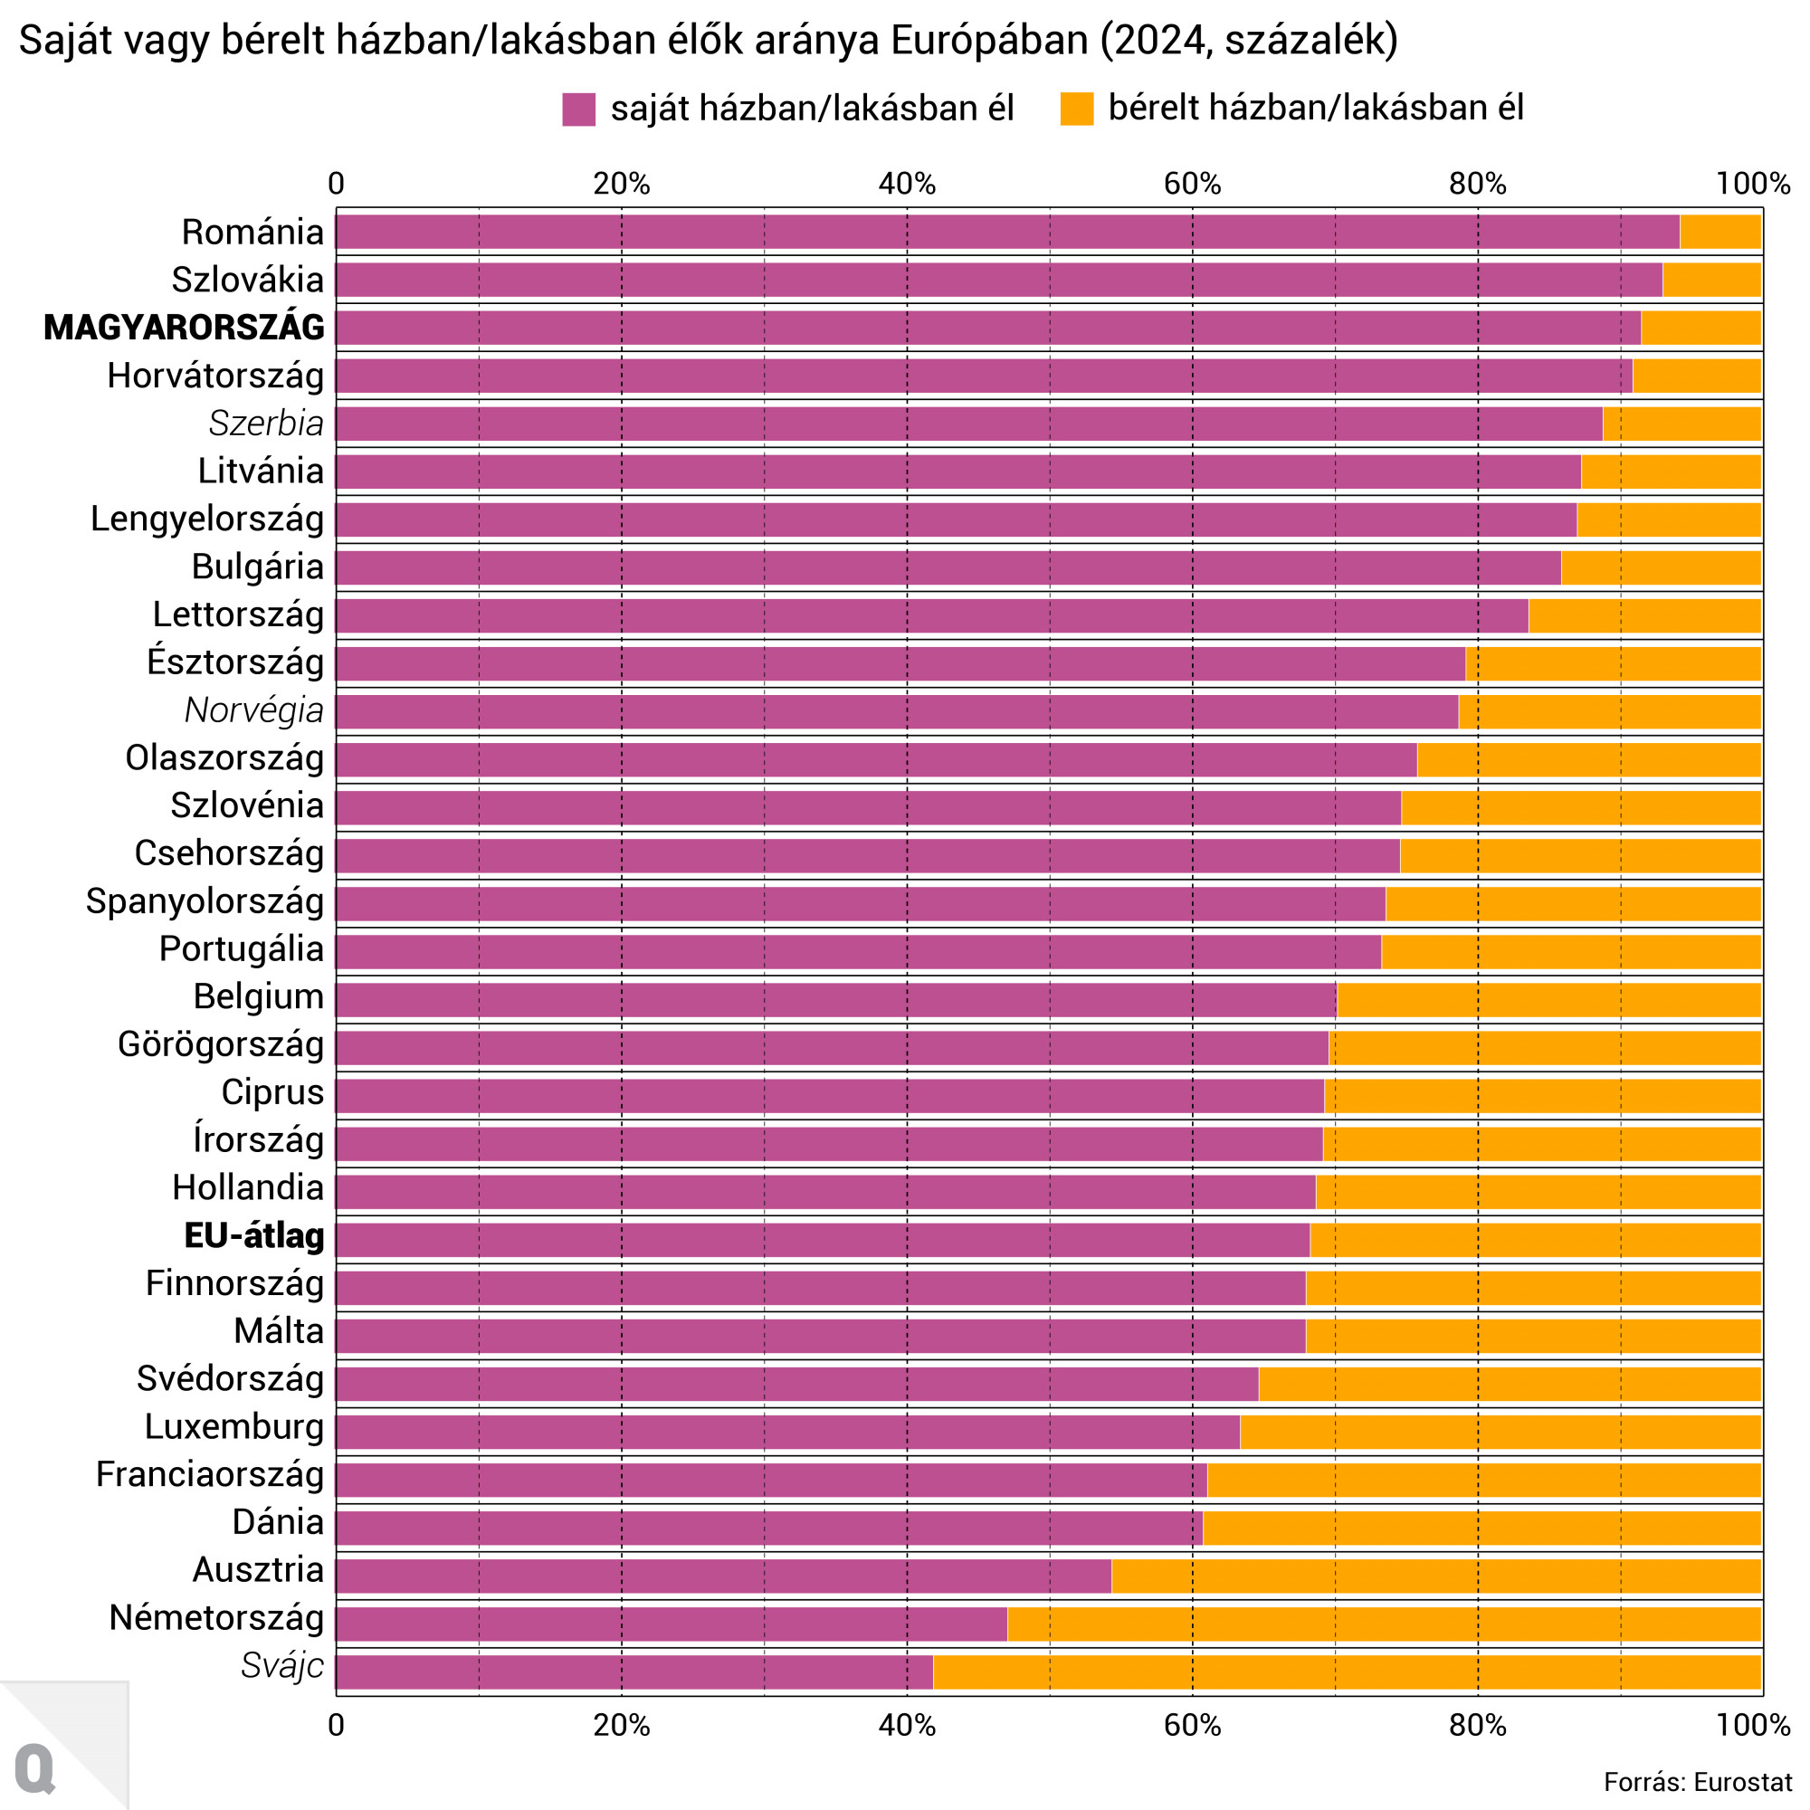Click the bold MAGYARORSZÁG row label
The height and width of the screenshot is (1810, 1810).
pos(185,328)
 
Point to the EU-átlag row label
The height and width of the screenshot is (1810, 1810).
pos(254,1235)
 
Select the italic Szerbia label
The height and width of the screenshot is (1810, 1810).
pos(266,424)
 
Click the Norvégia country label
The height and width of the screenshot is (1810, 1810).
pos(254,710)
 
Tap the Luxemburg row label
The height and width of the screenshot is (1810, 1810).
pos(234,1427)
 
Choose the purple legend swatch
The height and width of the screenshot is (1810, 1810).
pos(579,110)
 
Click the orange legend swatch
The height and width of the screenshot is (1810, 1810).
pos(1076,109)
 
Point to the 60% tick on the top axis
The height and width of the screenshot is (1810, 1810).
pos(1192,184)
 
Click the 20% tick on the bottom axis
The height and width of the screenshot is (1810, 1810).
pos(621,1725)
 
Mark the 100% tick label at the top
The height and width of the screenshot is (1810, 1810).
pos(1752,184)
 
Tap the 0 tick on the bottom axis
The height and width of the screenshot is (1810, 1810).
pos(337,1725)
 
